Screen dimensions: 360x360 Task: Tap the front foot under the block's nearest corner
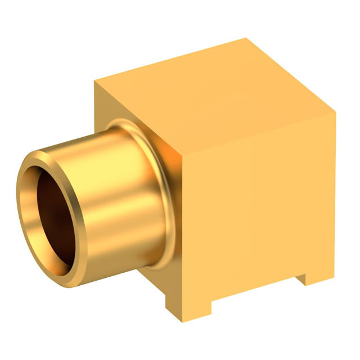click(188, 307)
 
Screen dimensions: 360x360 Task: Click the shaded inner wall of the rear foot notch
click(301, 276)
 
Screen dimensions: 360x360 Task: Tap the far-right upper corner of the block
click(335, 112)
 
